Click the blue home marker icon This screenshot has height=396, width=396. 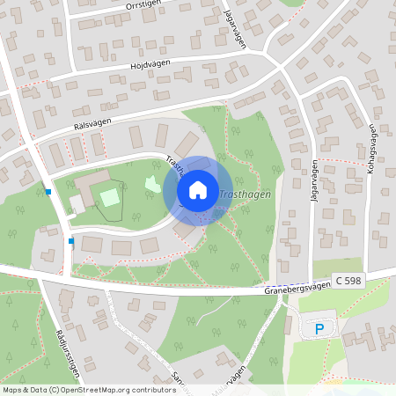click(x=198, y=190)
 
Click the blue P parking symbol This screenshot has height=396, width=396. click(x=319, y=329)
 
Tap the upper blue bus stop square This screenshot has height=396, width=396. click(x=48, y=191)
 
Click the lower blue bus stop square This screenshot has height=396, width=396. click(x=71, y=240)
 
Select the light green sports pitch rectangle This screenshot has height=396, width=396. click(x=109, y=196)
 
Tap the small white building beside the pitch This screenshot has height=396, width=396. click(x=77, y=204)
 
